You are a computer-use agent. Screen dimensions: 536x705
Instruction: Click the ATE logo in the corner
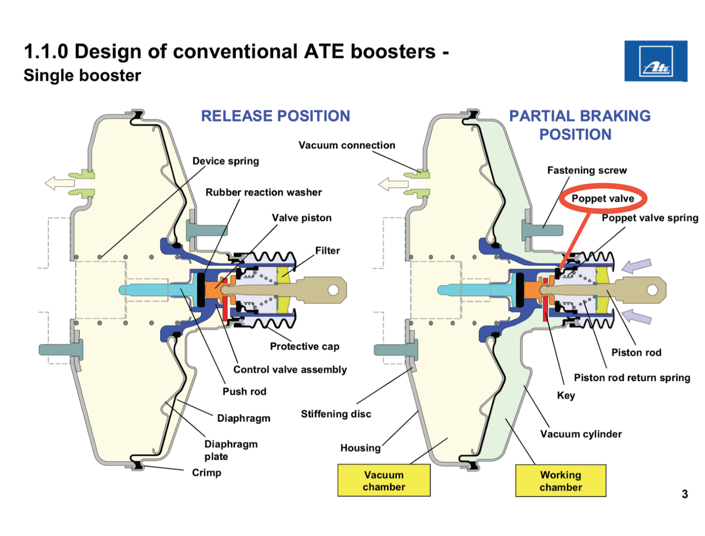click(656, 61)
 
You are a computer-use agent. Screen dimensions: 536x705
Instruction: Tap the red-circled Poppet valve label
click(603, 199)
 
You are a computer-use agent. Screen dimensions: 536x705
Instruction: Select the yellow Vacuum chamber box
click(384, 480)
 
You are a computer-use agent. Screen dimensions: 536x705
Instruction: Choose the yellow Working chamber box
click(560, 481)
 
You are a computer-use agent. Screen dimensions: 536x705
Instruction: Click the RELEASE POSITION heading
click(275, 116)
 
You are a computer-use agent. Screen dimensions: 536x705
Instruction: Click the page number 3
click(684, 494)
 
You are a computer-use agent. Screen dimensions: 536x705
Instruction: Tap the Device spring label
click(226, 161)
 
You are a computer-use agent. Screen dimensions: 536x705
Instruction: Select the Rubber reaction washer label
click(263, 193)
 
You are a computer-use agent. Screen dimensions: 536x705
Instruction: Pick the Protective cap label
click(304, 346)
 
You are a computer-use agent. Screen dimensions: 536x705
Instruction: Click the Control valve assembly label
click(290, 369)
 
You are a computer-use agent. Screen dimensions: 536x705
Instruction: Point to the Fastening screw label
click(586, 171)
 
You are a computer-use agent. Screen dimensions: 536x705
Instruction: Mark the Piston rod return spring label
click(632, 378)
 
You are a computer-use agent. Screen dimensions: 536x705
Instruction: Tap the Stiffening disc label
click(336, 414)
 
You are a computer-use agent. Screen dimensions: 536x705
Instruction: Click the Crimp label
click(206, 473)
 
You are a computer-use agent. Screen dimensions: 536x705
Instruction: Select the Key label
click(566, 395)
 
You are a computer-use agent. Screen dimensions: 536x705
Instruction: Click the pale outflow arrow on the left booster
click(59, 182)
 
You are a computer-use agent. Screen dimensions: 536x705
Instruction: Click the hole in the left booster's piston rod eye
click(333, 290)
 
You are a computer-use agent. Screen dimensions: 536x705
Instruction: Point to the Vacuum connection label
click(347, 145)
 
